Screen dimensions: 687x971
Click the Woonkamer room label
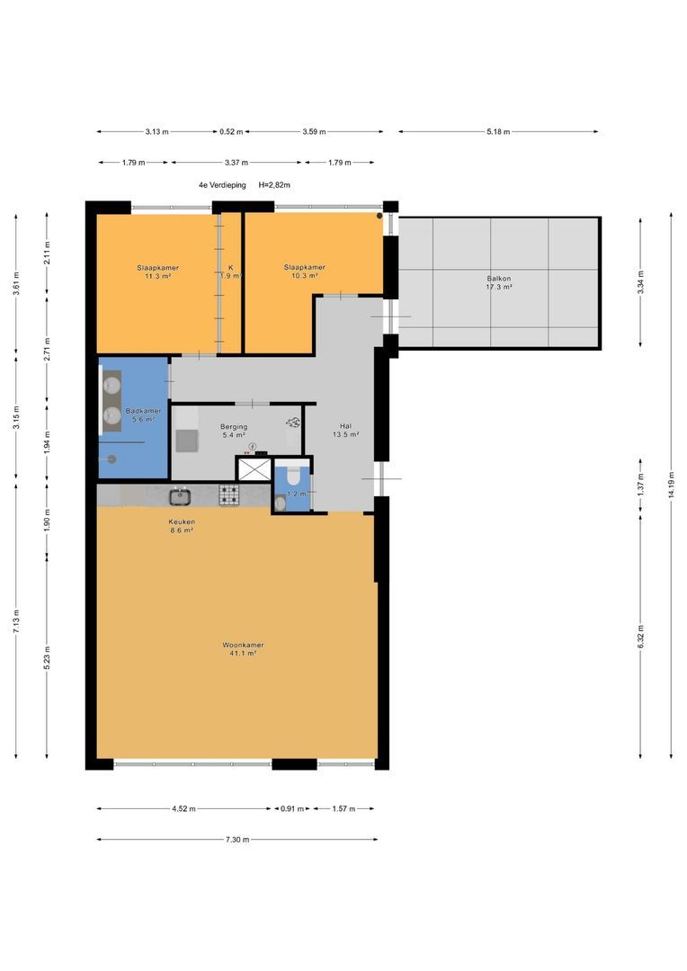[x=243, y=645]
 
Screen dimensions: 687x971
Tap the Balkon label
[x=499, y=279]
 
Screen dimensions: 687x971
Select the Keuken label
[x=182, y=521]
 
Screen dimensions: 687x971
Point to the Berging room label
[x=234, y=427]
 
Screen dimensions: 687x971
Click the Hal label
[x=345, y=426]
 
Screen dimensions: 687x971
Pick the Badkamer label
[x=143, y=411]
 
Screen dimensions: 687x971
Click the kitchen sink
[x=180, y=495]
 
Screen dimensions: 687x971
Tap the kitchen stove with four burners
[x=228, y=494]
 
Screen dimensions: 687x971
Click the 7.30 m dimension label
[x=237, y=840]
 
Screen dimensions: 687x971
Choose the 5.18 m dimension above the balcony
[x=498, y=131]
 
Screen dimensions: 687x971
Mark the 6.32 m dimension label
[x=640, y=637]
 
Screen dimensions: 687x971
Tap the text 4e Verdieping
[x=222, y=184]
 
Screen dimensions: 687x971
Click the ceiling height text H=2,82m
[x=274, y=184]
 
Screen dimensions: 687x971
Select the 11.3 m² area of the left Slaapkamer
[x=158, y=276]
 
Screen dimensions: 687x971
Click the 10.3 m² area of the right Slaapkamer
[x=305, y=276]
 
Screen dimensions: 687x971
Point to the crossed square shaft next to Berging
[x=254, y=468]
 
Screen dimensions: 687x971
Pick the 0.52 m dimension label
[x=231, y=131]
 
